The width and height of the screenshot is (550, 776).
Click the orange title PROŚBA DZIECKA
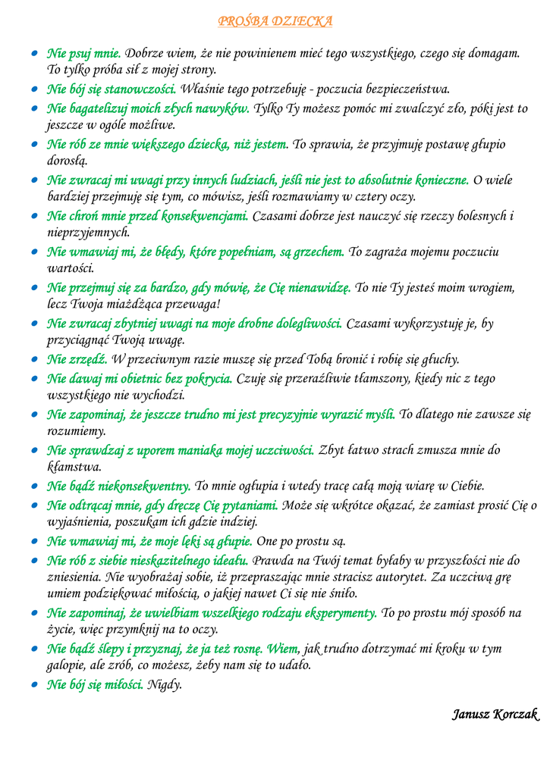275,21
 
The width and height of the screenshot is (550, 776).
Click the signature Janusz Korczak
495,714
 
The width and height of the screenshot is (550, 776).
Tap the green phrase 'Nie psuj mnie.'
83,53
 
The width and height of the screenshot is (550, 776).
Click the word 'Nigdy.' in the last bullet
165,685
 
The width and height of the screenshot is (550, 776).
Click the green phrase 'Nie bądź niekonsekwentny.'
118,486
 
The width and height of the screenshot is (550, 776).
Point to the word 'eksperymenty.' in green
338,612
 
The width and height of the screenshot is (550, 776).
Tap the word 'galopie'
67,665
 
